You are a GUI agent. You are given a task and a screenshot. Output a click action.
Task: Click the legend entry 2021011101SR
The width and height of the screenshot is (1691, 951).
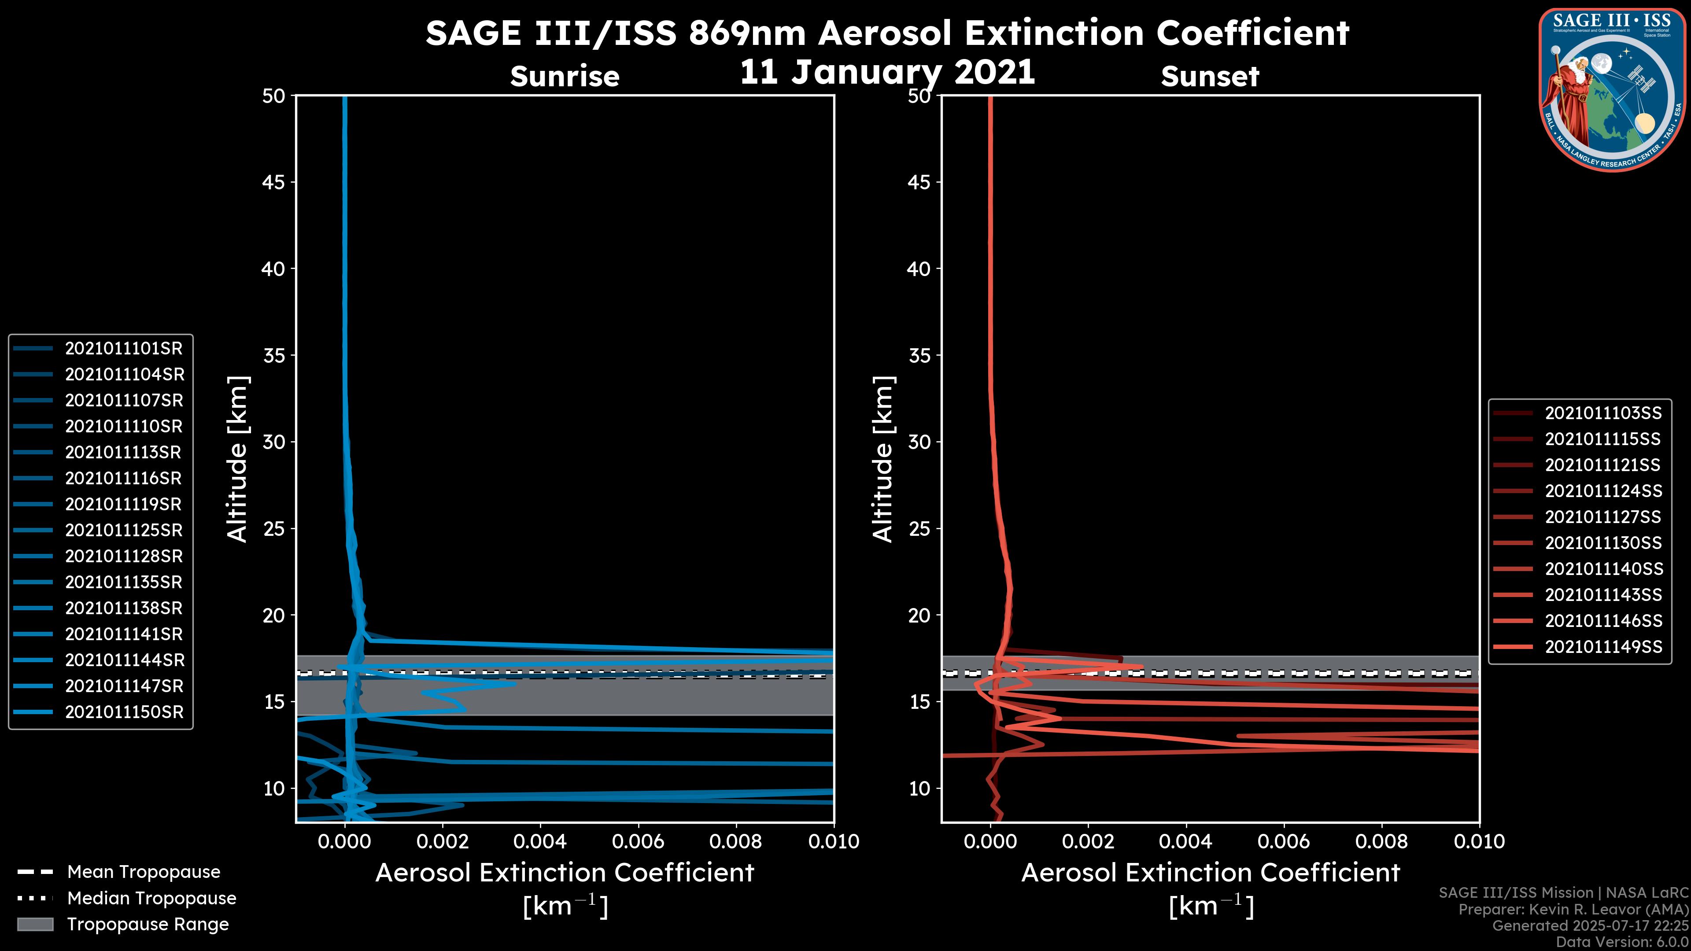point(123,349)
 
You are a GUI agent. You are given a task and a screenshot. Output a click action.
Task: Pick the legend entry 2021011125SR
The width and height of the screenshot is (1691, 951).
point(123,530)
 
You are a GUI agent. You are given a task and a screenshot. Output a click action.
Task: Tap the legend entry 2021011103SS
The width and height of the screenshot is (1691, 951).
point(1603,413)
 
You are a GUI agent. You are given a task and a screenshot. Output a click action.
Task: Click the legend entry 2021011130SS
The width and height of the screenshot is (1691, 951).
point(1603,543)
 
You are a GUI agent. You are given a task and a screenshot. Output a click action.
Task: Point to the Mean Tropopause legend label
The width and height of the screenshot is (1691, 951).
point(144,872)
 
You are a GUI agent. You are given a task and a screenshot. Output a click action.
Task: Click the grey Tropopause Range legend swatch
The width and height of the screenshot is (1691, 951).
point(35,924)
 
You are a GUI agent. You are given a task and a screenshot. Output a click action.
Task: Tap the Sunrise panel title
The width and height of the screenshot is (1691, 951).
point(565,77)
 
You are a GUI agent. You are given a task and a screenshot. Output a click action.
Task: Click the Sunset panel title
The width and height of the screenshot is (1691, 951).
point(1210,77)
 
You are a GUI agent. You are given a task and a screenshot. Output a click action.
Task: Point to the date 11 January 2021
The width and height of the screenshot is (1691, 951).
point(887,72)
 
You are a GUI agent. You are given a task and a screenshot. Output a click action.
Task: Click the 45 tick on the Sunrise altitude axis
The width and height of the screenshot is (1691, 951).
point(273,182)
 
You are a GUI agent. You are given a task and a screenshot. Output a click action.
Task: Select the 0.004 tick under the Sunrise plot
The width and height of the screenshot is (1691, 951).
point(540,841)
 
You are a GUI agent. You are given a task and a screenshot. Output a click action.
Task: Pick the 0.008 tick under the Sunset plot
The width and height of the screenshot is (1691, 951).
point(1382,841)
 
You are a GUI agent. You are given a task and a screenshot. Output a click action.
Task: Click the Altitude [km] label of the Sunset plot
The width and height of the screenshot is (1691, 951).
point(883,459)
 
